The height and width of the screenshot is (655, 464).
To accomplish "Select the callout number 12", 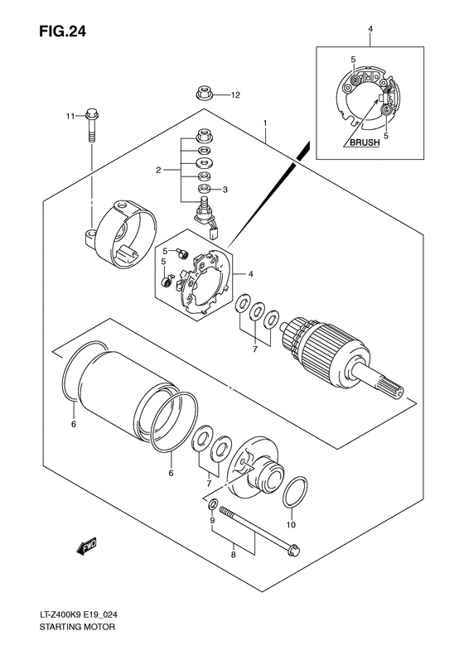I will (234, 95).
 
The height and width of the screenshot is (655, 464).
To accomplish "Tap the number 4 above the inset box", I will (370, 31).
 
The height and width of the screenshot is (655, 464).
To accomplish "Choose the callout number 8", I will (234, 556).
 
